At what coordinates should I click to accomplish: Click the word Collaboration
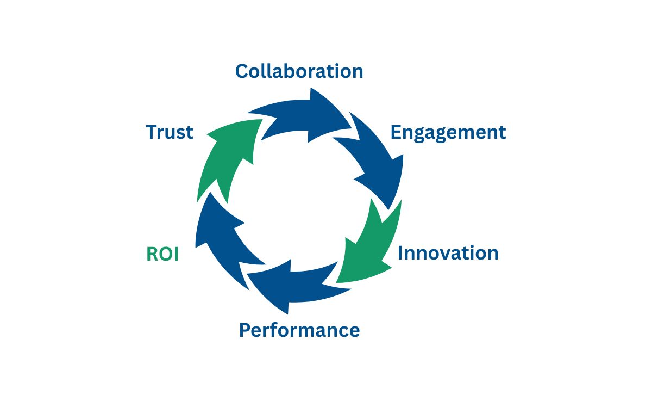[x=299, y=71]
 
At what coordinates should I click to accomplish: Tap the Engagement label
[x=448, y=132]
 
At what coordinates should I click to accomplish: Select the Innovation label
[x=448, y=253]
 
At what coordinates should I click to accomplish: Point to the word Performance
[x=299, y=330]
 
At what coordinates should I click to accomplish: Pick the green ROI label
[x=162, y=255]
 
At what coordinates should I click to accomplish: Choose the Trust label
[x=170, y=132]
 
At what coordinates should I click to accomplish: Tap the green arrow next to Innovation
[x=369, y=245]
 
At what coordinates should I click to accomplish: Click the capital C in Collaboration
[x=242, y=71]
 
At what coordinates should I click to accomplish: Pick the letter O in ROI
[x=164, y=255]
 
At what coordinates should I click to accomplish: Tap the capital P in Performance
[x=245, y=330]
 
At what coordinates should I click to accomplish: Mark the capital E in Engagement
[x=396, y=132]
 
